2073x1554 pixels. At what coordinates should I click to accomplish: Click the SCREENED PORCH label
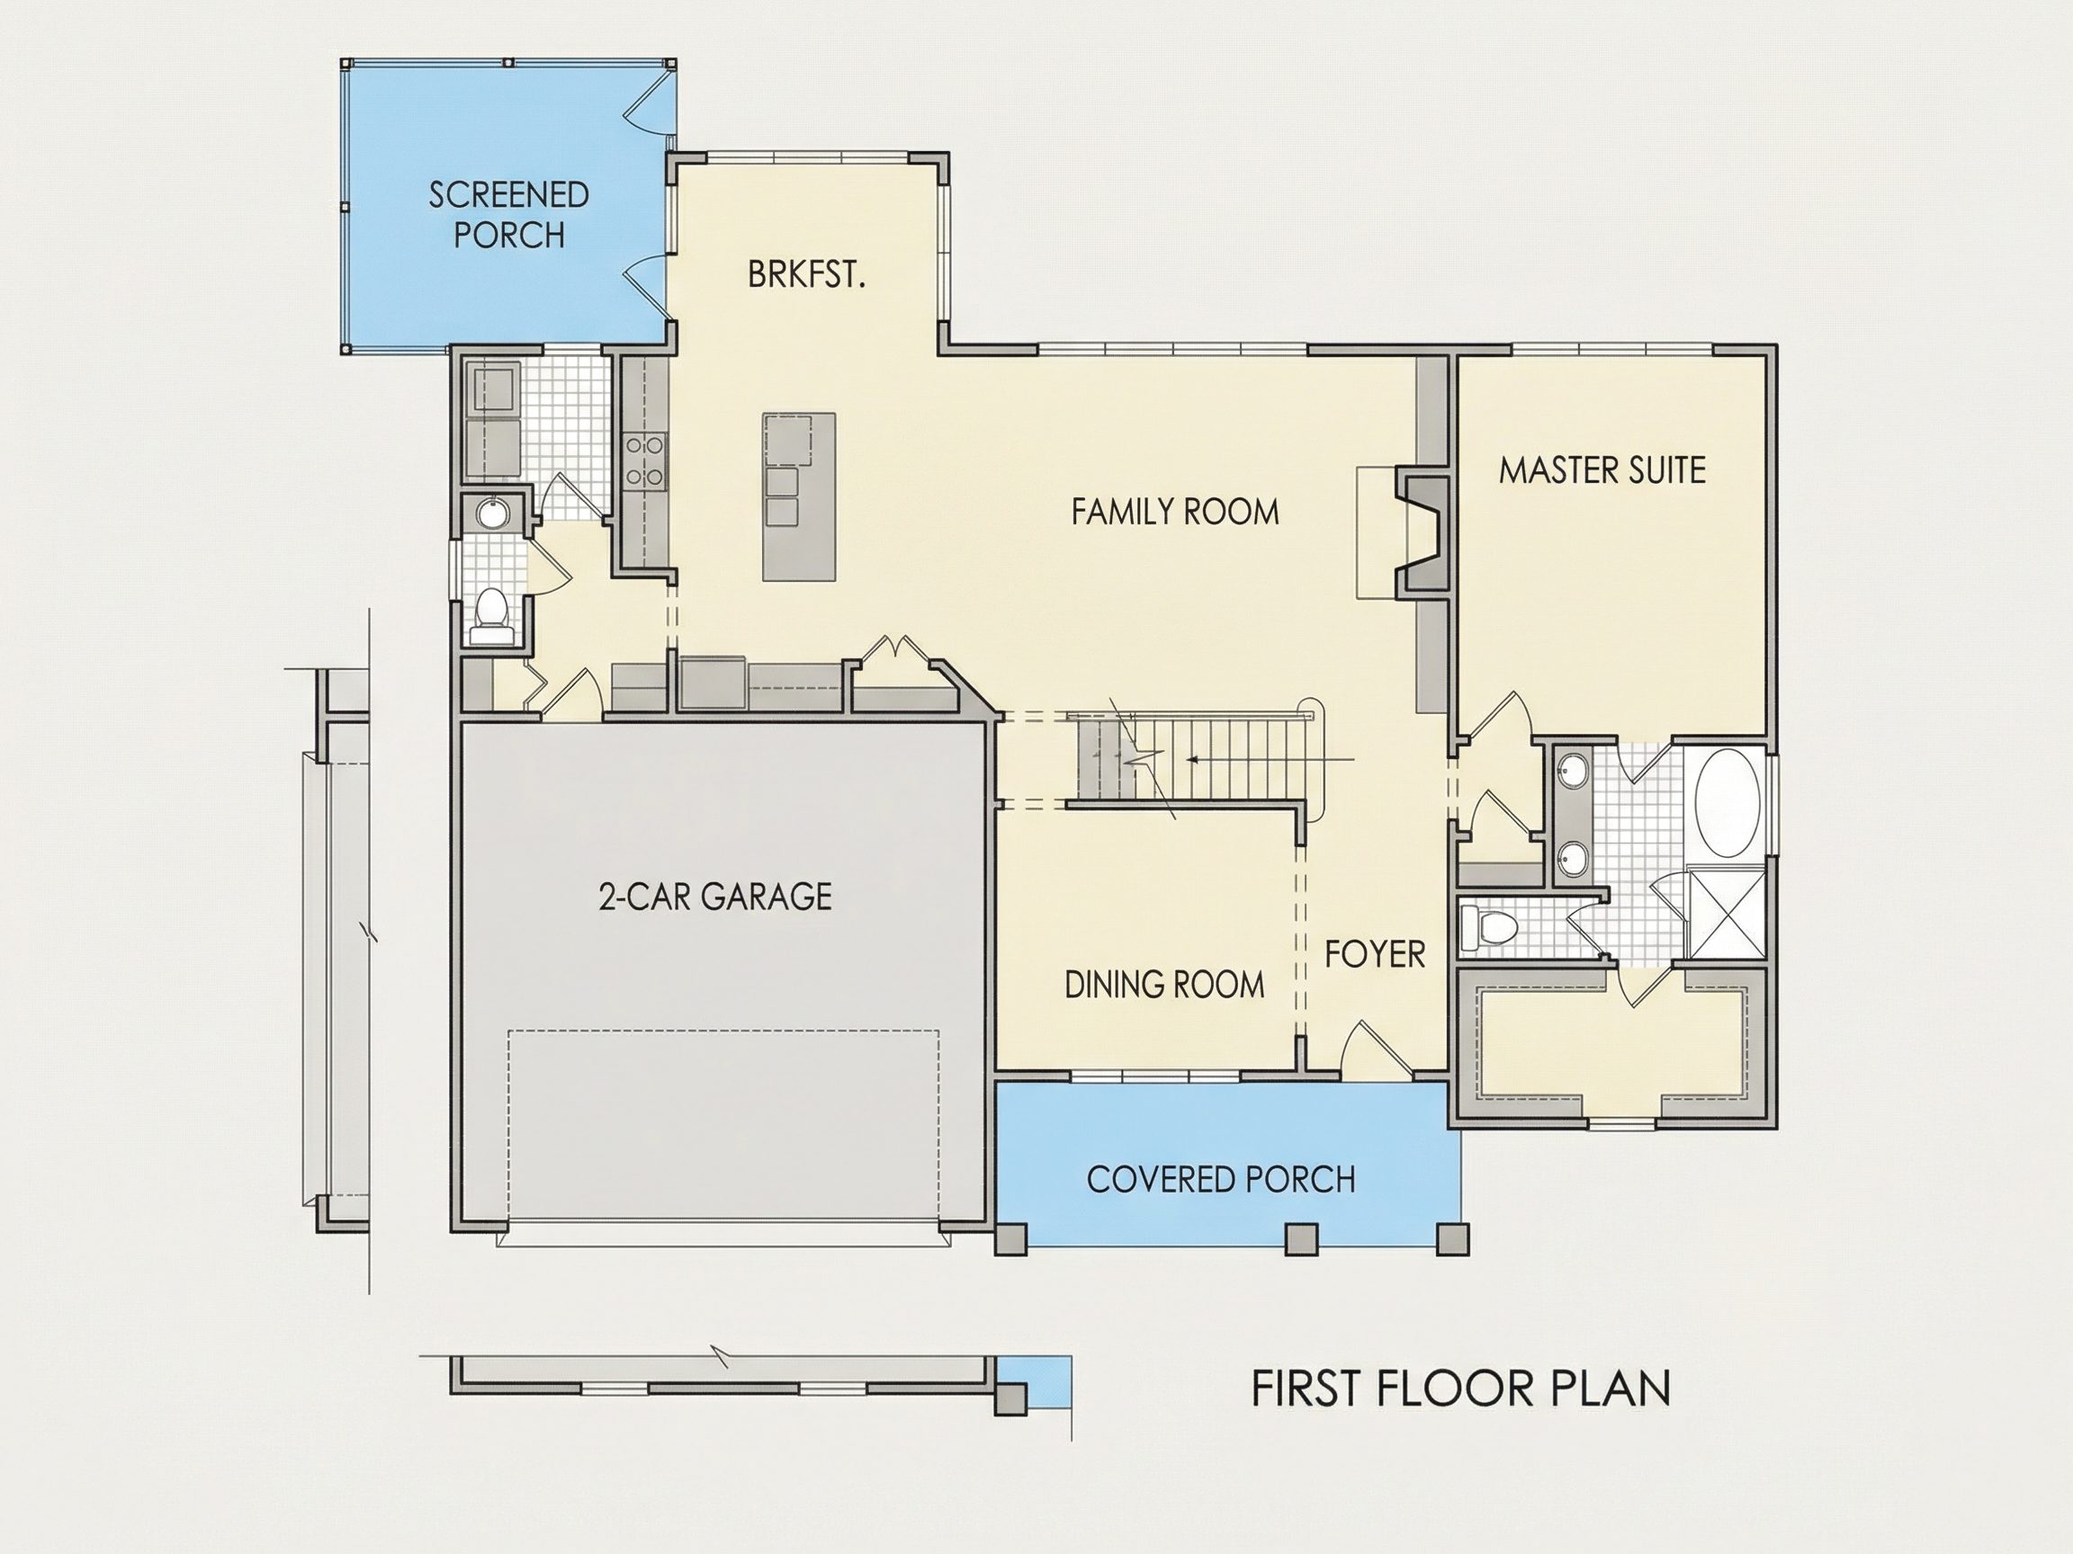tap(509, 215)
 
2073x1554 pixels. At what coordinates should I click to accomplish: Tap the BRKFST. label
tap(806, 274)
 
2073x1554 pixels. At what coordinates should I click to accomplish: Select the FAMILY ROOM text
tap(1175, 512)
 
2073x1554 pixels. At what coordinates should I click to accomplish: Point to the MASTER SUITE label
tap(1602, 469)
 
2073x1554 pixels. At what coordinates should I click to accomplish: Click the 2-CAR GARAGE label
tap(715, 897)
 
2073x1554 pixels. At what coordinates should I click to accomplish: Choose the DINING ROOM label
tap(1164, 985)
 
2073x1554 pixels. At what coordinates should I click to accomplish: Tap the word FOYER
tap(1375, 954)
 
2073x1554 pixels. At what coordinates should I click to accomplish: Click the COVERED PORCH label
tap(1220, 1179)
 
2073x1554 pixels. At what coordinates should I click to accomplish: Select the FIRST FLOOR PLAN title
tap(1461, 1389)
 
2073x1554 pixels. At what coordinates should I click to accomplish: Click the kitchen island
tap(798, 496)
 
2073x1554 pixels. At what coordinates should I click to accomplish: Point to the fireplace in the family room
tap(1422, 532)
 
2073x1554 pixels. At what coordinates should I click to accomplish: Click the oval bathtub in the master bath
tap(1727, 802)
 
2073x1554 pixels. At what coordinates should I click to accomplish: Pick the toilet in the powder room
tap(492, 616)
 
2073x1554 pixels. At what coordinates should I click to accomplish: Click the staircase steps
tap(1190, 757)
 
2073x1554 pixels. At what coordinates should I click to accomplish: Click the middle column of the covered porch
tap(1300, 1238)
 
